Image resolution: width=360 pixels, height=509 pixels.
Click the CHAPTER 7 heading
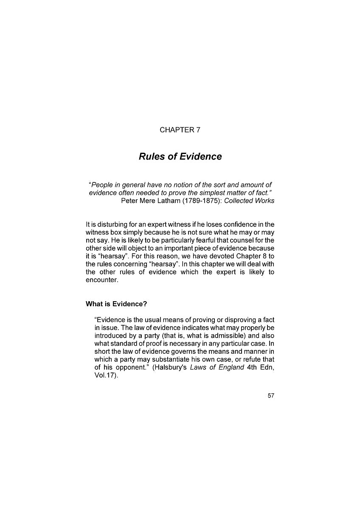coord(180,130)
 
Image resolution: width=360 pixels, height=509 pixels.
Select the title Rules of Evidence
coord(180,157)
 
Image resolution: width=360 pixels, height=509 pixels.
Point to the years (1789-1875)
coord(202,201)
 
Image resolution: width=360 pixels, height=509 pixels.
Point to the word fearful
coord(194,240)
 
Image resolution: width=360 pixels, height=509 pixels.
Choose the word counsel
coord(225,240)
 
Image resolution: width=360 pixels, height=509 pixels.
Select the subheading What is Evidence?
coord(116,304)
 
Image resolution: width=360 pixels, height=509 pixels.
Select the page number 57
coord(271,396)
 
